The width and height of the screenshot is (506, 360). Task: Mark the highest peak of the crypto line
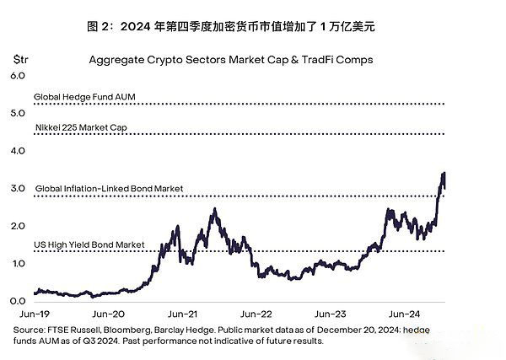[444, 174]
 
